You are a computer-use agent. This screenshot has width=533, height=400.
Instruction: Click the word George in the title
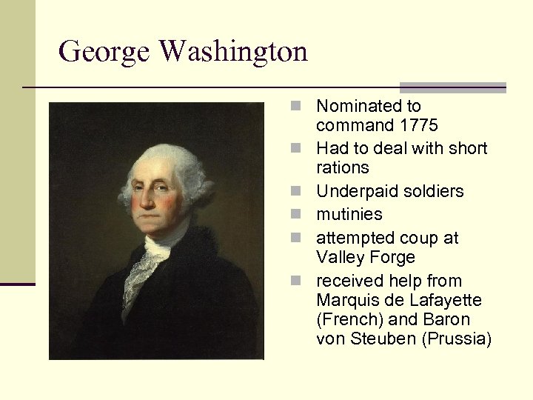pyautogui.click(x=104, y=53)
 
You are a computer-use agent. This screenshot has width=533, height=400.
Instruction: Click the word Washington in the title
pyautogui.click(x=233, y=53)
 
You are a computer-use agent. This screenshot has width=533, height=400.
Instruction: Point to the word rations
pyautogui.click(x=342, y=167)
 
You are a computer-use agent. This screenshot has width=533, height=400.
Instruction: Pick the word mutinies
pyautogui.click(x=349, y=214)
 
